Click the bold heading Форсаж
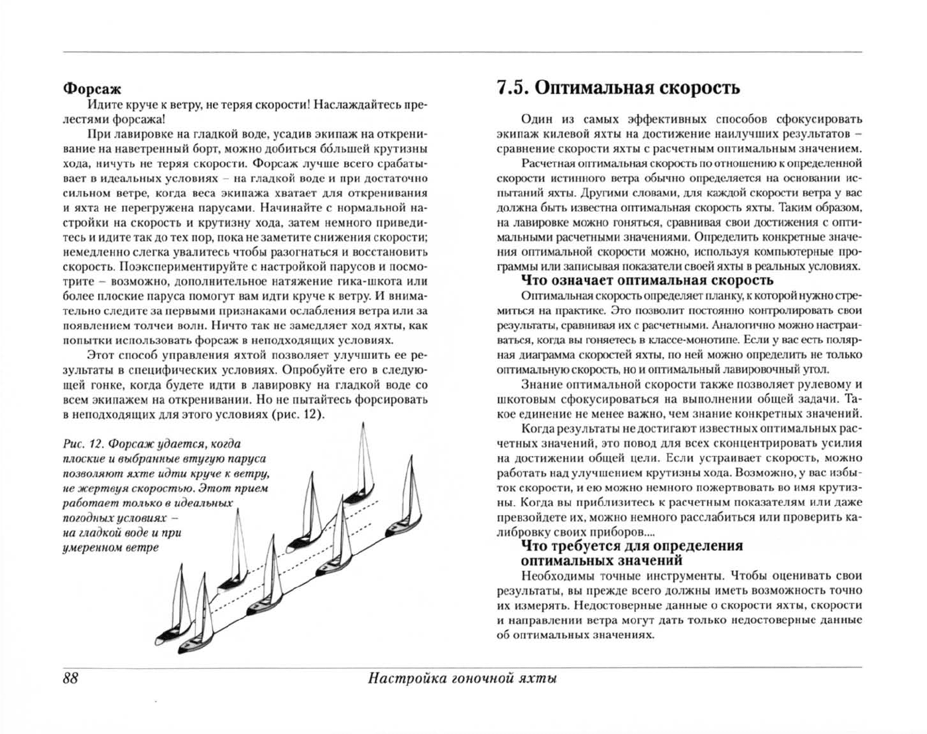(92, 88)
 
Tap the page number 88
(70, 678)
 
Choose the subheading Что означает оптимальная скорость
(647, 280)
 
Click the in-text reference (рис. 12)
(297, 415)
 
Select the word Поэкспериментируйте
(187, 267)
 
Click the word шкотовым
(526, 399)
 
